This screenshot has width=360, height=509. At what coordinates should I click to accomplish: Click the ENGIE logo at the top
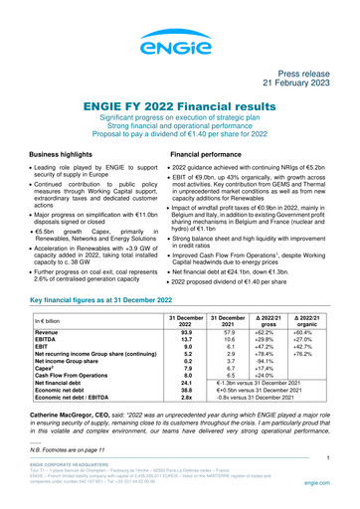[180, 43]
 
